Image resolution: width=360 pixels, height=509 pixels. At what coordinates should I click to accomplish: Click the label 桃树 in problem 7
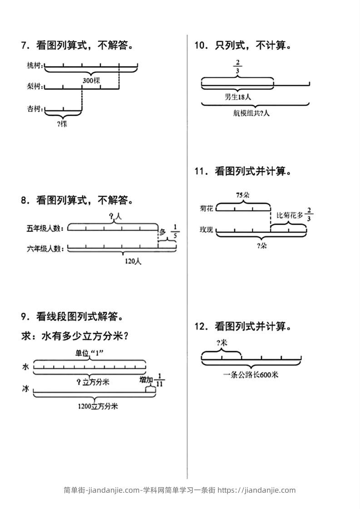(x=34, y=66)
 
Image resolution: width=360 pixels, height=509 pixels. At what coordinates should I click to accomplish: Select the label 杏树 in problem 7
(x=34, y=109)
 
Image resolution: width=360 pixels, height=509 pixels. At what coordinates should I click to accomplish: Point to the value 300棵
(x=91, y=80)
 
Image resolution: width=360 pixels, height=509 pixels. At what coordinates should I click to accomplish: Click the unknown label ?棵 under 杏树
(x=63, y=123)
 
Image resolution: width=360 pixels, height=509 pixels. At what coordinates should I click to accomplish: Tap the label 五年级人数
(x=44, y=228)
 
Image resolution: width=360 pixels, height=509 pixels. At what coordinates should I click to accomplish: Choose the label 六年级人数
(x=44, y=248)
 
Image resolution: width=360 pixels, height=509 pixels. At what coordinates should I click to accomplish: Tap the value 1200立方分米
(x=98, y=406)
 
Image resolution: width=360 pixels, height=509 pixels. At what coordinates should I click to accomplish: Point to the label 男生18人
(x=237, y=97)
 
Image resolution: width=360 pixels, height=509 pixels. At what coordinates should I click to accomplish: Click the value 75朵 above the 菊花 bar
(x=243, y=195)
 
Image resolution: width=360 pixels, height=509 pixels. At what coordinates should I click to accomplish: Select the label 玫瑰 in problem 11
(x=206, y=230)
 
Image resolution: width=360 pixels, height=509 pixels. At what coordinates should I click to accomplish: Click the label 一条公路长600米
(x=251, y=375)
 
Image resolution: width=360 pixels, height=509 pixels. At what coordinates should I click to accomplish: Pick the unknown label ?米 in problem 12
(x=222, y=343)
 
